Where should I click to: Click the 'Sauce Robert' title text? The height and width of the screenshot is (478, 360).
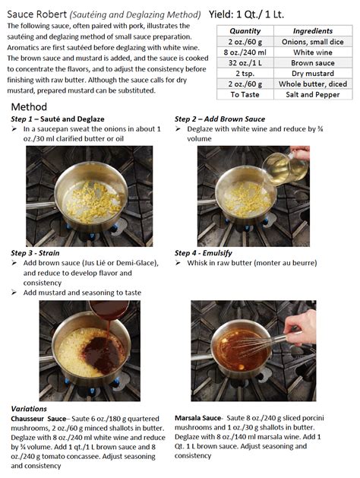point(37,14)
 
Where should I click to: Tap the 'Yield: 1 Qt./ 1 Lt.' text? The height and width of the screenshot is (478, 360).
point(246,14)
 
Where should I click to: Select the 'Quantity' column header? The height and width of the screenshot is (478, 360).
point(245,31)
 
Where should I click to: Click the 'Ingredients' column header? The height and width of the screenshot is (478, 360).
point(313,31)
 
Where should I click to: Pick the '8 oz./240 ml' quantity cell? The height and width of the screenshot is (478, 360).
point(245,52)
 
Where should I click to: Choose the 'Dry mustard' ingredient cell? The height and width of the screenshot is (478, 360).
point(313,74)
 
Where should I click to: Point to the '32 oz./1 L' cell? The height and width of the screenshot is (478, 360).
point(245,63)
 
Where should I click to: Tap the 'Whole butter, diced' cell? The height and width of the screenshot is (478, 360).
point(313,84)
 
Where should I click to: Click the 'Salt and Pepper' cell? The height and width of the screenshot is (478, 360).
point(313,94)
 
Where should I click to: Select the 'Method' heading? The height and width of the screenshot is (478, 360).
point(29,106)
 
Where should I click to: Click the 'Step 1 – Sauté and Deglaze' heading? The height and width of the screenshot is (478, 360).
point(58,119)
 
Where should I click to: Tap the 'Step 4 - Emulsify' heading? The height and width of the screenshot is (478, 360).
point(203,253)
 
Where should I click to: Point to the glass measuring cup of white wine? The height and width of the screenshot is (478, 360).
point(285,168)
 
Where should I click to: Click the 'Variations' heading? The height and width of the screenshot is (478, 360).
point(29,409)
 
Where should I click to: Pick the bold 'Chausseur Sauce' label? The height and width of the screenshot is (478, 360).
point(39,419)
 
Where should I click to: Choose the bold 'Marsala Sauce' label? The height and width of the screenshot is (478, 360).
point(197,418)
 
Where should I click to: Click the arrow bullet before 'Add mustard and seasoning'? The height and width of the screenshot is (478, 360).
point(14,293)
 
